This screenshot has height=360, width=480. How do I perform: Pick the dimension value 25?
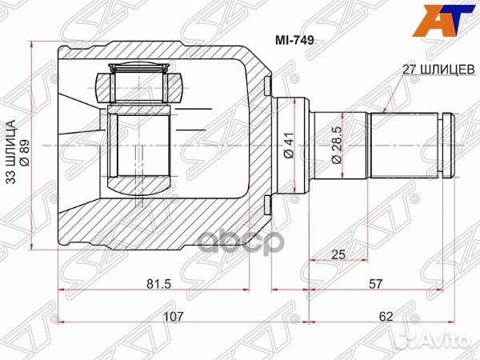[338, 254]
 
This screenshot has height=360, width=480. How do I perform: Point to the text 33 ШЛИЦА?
[11, 151]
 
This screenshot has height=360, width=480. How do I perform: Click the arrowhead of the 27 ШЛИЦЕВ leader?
[385, 111]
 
